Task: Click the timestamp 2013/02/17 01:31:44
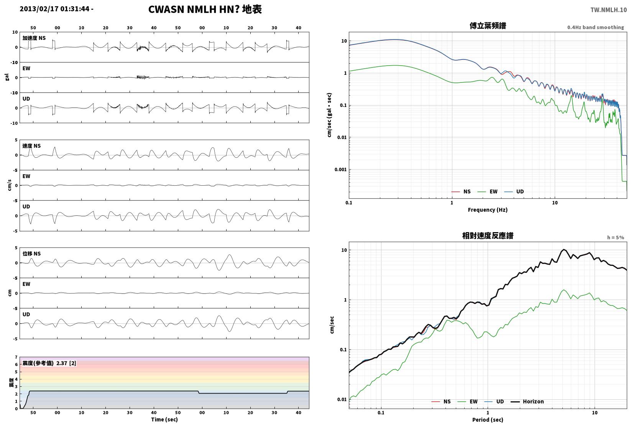click(54, 9)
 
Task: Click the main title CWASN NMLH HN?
click(194, 9)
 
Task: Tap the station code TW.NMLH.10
click(608, 10)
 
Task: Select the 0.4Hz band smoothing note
click(595, 27)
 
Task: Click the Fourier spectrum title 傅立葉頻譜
click(488, 26)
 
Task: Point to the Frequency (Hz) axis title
click(488, 210)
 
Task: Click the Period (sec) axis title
click(488, 420)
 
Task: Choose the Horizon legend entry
click(527, 401)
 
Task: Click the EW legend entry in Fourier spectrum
click(488, 192)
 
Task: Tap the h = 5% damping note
click(616, 237)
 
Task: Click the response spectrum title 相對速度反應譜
click(488, 236)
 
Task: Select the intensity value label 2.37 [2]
click(66, 363)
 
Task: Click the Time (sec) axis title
click(164, 419)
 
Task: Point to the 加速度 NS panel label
click(34, 38)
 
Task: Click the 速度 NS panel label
click(31, 146)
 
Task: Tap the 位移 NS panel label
click(31, 254)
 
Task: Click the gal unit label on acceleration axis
click(7, 77)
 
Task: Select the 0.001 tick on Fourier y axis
click(340, 170)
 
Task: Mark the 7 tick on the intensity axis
click(16, 357)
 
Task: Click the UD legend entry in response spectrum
click(494, 401)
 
